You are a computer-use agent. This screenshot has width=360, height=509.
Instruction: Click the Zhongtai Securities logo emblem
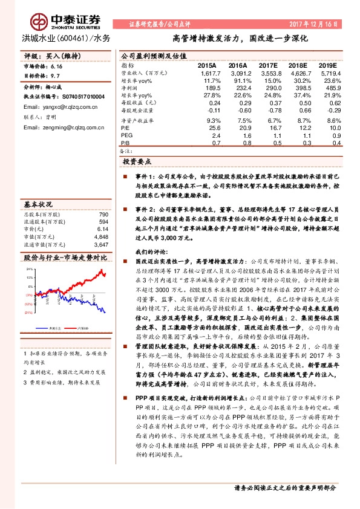[41, 22]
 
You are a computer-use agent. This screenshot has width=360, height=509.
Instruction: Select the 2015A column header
[208, 64]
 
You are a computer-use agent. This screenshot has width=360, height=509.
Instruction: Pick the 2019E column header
[327, 64]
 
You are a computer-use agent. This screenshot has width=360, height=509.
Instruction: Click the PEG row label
[126, 136]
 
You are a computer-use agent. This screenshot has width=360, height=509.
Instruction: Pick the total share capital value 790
[103, 215]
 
